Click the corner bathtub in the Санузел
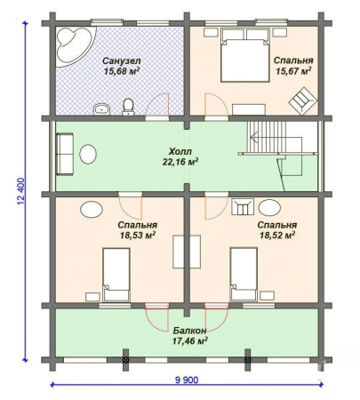[x=72, y=43]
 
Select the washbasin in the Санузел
[x=101, y=109]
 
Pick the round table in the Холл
[x=89, y=154]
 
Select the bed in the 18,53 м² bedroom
[x=116, y=274]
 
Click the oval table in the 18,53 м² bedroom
[x=92, y=210]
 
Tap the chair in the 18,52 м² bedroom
[x=242, y=208]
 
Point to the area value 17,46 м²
[x=188, y=340]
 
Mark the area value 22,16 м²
[x=180, y=163]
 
